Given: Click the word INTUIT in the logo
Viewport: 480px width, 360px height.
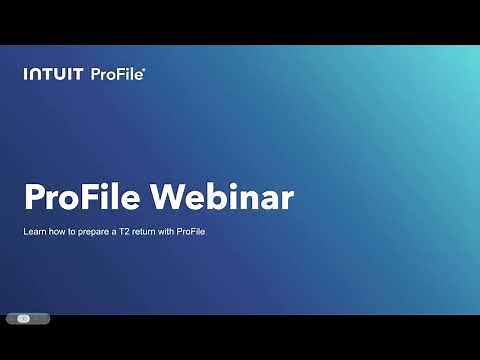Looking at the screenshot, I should click(x=53, y=73).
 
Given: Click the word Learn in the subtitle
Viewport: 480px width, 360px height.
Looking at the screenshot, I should click(x=34, y=232).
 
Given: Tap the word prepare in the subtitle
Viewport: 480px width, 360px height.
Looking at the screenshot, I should click(x=96, y=232).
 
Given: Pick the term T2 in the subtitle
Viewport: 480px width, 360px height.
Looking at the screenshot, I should click(x=124, y=232).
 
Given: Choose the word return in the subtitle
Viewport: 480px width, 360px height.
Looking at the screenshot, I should click(x=146, y=232).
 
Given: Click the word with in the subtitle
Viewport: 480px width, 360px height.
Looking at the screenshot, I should click(x=171, y=232).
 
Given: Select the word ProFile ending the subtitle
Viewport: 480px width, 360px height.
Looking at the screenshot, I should click(x=197, y=232).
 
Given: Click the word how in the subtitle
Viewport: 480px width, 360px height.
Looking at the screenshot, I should click(x=57, y=232).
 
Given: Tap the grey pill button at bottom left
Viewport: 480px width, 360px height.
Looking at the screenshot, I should click(x=27, y=318).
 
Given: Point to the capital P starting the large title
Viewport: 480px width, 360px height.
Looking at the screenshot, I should click(x=34, y=198).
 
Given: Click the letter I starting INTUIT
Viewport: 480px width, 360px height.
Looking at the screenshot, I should click(x=26, y=73).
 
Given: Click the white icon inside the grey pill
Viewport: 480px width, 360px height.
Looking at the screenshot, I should click(x=24, y=318).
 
